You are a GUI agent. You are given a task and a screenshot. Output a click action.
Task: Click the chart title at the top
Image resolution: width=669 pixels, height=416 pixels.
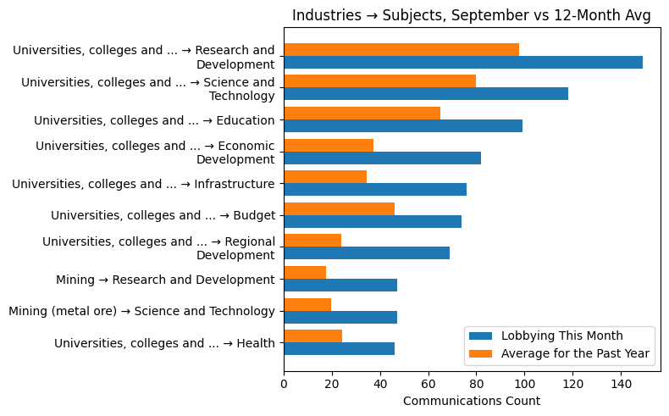(x=471, y=16)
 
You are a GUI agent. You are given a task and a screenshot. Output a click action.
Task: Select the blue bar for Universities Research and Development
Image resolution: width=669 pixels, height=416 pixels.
(x=462, y=63)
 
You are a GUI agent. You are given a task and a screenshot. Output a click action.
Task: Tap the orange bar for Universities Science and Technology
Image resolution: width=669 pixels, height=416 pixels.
(x=379, y=81)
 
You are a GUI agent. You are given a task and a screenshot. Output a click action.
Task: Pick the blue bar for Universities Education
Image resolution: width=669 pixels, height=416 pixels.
(x=402, y=126)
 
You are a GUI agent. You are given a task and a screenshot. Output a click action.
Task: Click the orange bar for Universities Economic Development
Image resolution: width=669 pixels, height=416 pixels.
(x=329, y=145)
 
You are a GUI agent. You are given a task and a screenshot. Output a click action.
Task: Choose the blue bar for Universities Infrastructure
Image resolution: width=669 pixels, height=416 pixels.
(x=374, y=190)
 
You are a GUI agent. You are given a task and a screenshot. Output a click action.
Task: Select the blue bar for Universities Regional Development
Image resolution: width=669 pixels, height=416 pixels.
(x=366, y=253)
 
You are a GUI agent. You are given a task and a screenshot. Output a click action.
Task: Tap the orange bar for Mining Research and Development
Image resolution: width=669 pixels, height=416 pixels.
(x=305, y=272)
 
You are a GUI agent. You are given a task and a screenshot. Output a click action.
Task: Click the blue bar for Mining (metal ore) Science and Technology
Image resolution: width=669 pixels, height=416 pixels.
(x=340, y=317)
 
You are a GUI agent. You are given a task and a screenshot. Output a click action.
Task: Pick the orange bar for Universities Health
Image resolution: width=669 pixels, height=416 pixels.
(x=312, y=336)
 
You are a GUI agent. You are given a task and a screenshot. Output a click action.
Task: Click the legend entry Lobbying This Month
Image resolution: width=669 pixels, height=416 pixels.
(x=561, y=336)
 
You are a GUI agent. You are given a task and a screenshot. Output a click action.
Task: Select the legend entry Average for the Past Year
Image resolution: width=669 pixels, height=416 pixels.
(x=575, y=353)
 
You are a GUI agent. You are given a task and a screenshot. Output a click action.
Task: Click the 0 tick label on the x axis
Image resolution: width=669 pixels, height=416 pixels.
(x=284, y=384)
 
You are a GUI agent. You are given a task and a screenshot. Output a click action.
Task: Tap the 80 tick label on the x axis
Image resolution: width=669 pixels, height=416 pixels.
(x=477, y=384)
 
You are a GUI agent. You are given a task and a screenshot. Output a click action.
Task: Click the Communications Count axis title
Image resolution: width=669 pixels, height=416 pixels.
(x=471, y=401)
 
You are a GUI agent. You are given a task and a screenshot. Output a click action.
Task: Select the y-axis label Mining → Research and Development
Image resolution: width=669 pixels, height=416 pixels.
(x=165, y=280)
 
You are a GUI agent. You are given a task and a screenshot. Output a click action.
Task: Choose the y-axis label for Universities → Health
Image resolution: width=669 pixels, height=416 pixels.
(x=164, y=343)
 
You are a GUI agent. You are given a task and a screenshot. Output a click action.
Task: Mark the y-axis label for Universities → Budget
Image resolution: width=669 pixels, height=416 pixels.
(x=163, y=216)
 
